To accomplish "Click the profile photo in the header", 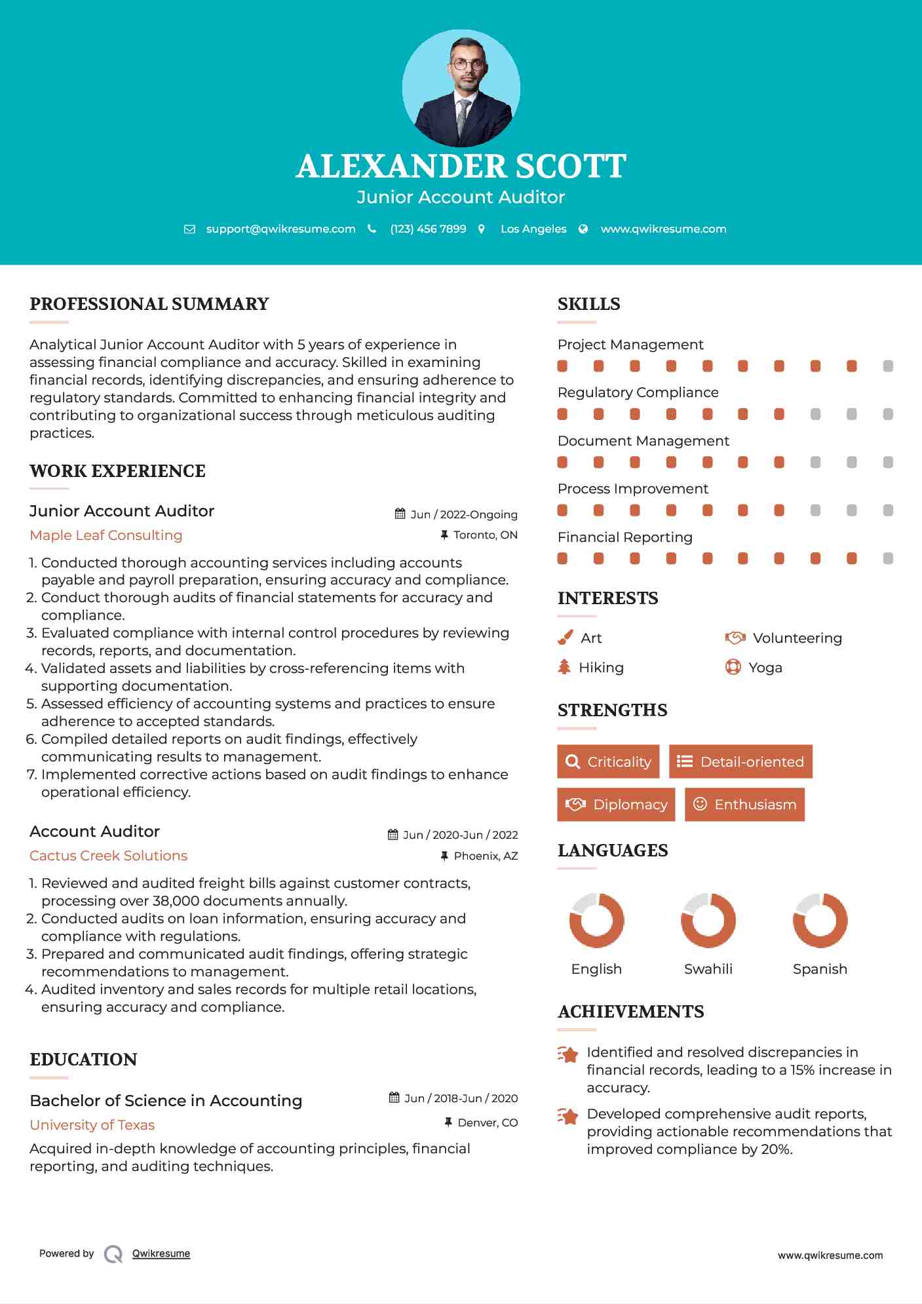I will [x=461, y=88].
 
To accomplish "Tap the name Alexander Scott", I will [x=461, y=166].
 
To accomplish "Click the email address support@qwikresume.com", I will [x=280, y=229].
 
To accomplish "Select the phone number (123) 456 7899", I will [x=428, y=229].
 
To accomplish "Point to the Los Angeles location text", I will [x=533, y=229].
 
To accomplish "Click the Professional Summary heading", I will [x=149, y=304].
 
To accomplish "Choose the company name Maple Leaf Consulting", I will [x=106, y=535].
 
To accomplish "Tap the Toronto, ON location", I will [x=485, y=535].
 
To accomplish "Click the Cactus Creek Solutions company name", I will [x=109, y=856].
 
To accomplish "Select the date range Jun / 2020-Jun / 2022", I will [x=460, y=835].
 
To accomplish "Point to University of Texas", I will [x=92, y=1125].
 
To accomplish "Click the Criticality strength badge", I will [x=608, y=761].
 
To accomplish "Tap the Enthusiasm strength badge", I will [x=744, y=805].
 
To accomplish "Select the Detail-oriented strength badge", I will [x=740, y=761].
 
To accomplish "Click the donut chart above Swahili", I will [x=708, y=920].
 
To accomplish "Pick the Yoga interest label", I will [x=765, y=668].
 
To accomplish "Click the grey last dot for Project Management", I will [x=888, y=366].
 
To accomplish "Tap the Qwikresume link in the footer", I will [x=161, y=1254].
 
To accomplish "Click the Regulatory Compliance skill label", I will [x=638, y=393].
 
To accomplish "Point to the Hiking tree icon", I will [x=564, y=667].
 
